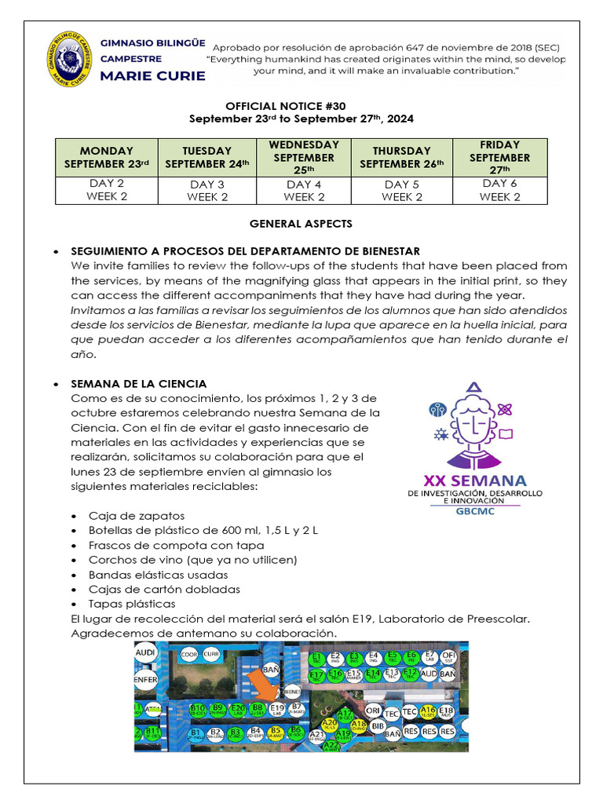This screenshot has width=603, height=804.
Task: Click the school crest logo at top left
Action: coord(70,58)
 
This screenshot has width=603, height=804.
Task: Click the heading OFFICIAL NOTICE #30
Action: coord(285,105)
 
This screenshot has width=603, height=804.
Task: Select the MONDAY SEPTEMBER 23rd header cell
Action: coord(107,157)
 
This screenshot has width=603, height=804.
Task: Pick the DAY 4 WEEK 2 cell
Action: coord(304,190)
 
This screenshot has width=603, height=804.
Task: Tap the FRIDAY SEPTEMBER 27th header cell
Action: coord(499,156)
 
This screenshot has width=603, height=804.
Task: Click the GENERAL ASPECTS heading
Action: coord(301,224)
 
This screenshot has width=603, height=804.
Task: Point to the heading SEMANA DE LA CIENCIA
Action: coord(139,384)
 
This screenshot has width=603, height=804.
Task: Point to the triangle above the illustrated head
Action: coord(473,386)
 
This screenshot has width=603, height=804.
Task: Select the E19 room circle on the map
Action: coord(276,709)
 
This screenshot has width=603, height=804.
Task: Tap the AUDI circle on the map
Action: coord(145,653)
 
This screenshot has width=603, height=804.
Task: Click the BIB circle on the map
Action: coord(377,727)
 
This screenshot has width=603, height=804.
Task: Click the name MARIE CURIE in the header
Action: coord(153,76)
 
